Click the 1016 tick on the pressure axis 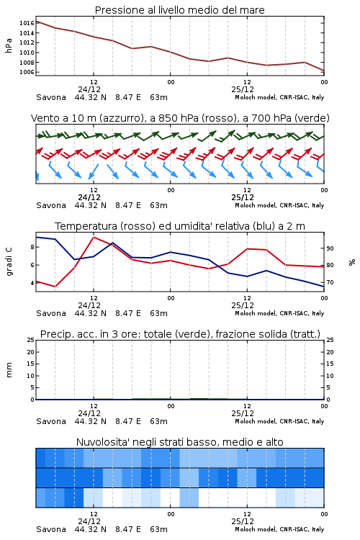click(27, 23)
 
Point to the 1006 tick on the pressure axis click(27, 72)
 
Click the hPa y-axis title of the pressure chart click(9, 45)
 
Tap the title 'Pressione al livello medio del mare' click(179, 10)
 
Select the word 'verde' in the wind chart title click(311, 118)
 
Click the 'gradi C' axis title click(9, 262)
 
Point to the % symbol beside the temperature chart click(352, 262)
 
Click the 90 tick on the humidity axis click(330, 248)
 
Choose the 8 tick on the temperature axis click(32, 247)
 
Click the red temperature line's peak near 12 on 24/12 click(94, 238)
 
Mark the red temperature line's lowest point click(55, 286)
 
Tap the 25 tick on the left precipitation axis click(31, 340)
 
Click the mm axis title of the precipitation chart click(9, 370)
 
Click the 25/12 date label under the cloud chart click(243, 521)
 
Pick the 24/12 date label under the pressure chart click(89, 89)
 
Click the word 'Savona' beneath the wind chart click(51, 205)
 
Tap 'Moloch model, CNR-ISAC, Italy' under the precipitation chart click(279, 421)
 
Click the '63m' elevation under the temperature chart click(159, 313)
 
